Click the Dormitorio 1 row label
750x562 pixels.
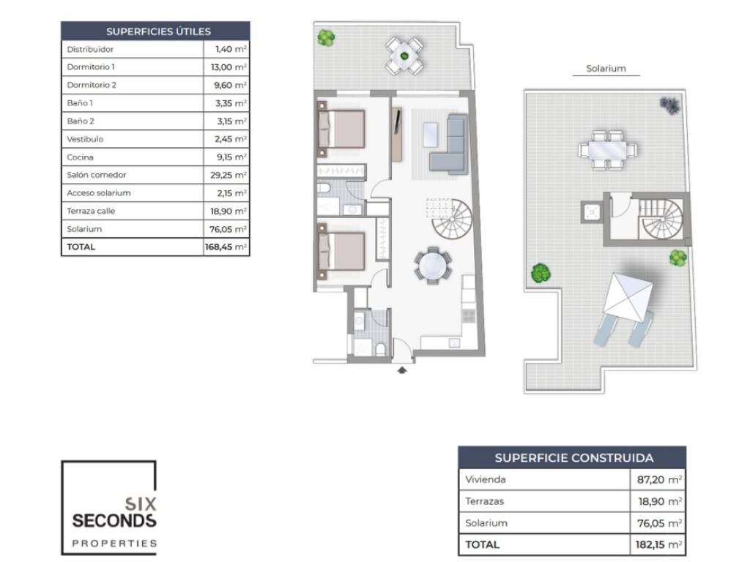coord(91,67)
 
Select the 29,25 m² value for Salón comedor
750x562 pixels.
coord(229,175)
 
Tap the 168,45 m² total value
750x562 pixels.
coord(226,247)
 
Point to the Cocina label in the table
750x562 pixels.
coord(80,157)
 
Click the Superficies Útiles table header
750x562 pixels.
coord(158,31)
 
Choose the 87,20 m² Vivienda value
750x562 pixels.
coord(659,479)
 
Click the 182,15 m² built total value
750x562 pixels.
coord(658,544)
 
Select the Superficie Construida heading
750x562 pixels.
coord(574,458)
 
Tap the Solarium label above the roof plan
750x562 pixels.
coord(606,68)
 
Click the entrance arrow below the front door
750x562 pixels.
coord(402,370)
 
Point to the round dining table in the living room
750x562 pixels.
coord(433,266)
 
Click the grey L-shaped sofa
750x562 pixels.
coord(449,143)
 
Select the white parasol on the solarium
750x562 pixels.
coord(627,297)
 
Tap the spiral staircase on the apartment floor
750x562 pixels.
coord(452,219)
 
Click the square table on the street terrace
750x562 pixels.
coord(404,56)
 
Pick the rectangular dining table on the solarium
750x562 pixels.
coord(607,150)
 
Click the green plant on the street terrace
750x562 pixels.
coord(326,38)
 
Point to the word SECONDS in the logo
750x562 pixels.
coord(114,520)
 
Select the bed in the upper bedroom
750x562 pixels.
coord(341,129)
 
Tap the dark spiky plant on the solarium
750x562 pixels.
coord(669,105)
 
